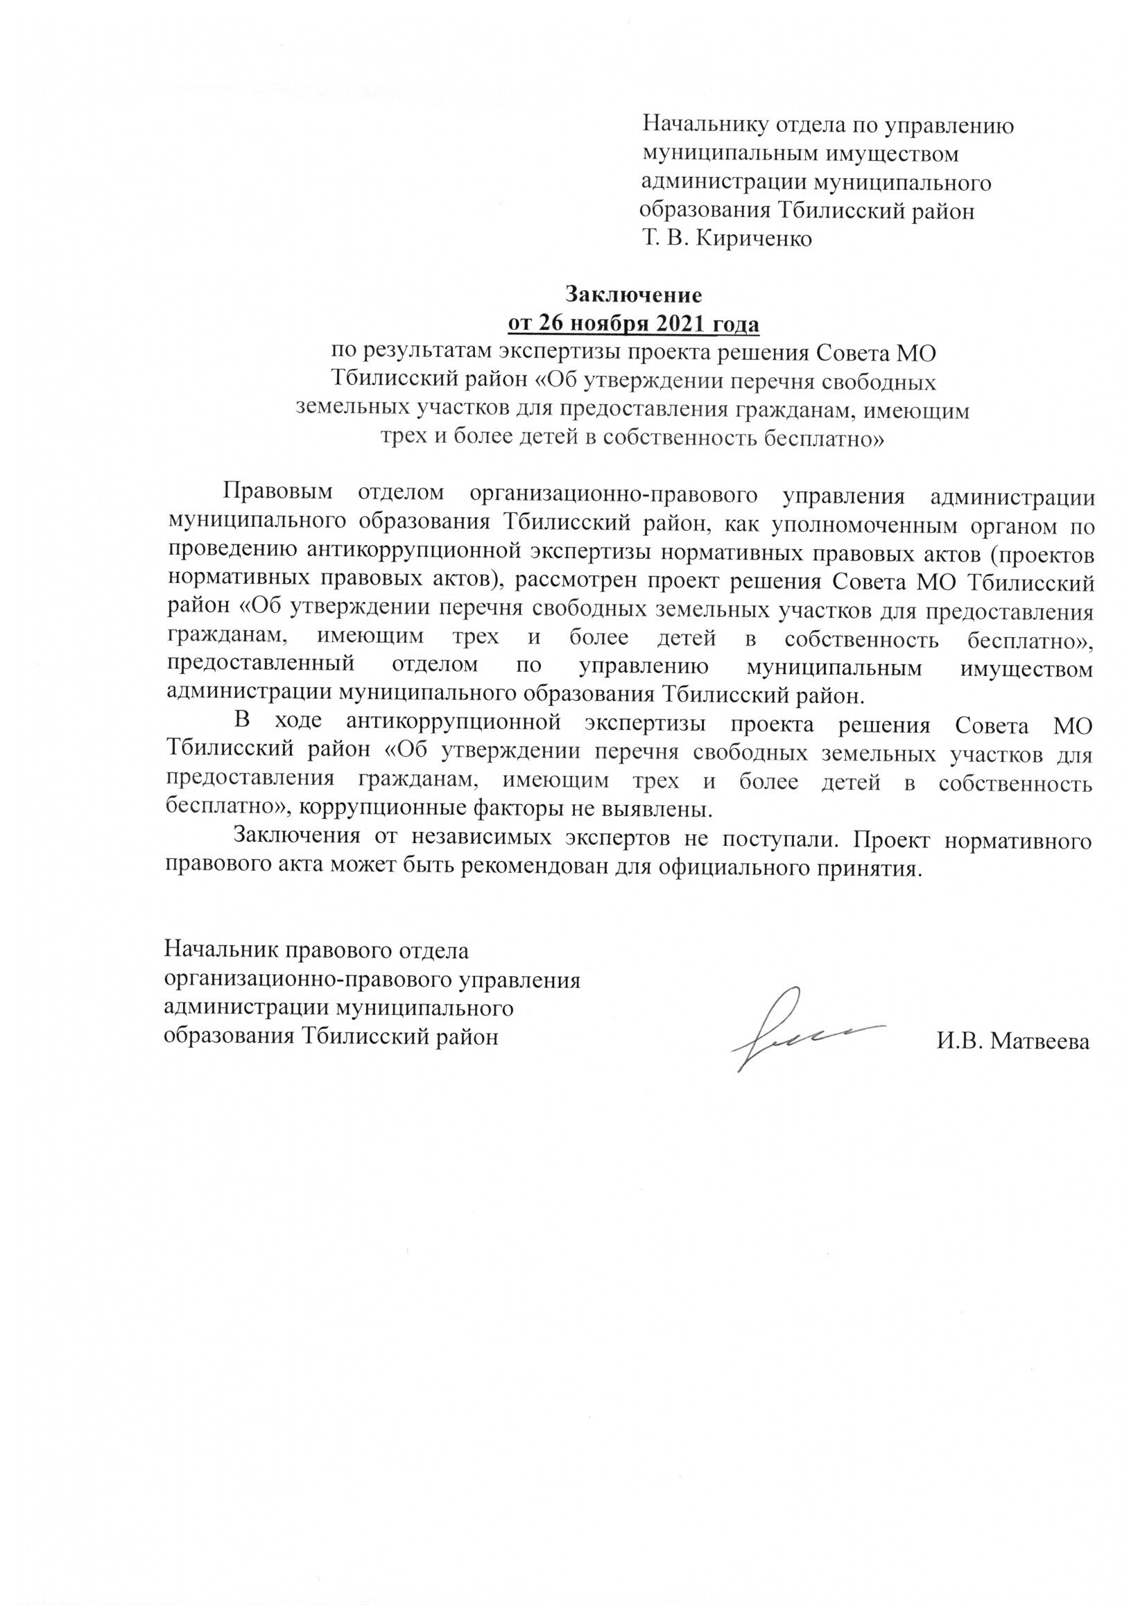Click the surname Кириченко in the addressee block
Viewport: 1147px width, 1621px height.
pos(754,239)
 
